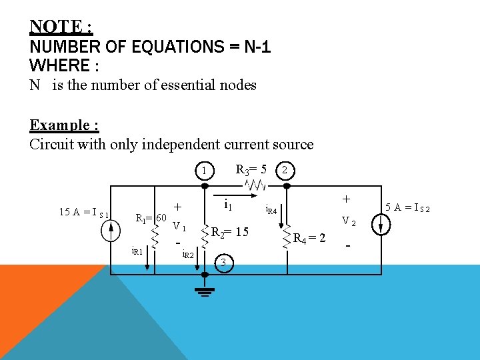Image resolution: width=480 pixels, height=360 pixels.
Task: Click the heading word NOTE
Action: click(x=56, y=27)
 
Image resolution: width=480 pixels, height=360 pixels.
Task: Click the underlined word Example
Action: click(x=59, y=125)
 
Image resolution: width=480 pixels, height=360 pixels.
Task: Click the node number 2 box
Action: click(x=285, y=170)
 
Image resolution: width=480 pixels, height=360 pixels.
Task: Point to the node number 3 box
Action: click(x=225, y=263)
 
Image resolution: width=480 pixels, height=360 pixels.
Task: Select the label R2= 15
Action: click(x=230, y=232)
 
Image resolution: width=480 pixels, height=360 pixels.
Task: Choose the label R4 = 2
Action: click(x=310, y=238)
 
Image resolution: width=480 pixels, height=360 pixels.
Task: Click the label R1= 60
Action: click(x=151, y=218)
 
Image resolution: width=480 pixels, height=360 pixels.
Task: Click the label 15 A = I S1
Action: click(x=84, y=213)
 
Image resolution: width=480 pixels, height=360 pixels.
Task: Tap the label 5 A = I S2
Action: click(x=409, y=207)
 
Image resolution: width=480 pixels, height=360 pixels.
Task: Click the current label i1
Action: click(x=227, y=203)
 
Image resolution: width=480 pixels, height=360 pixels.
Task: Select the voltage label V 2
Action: click(x=349, y=221)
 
